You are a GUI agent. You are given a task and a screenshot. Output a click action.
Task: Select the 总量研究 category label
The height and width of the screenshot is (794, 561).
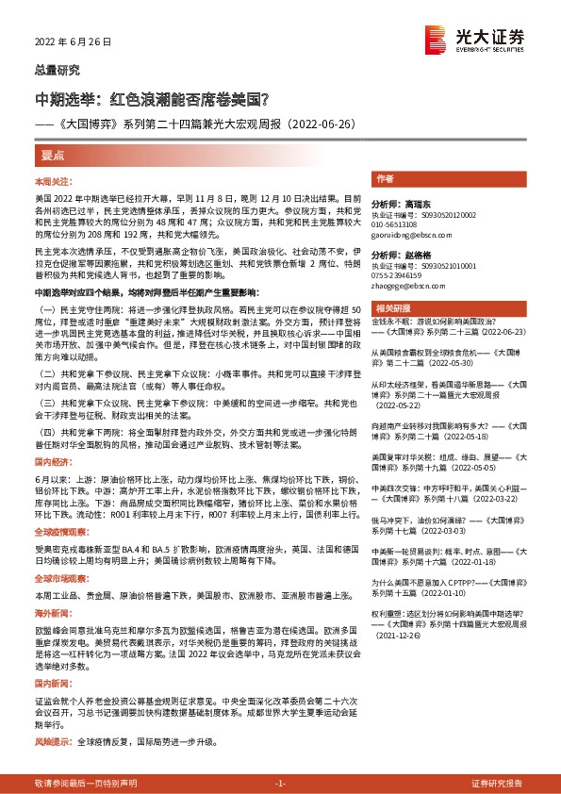tap(58, 72)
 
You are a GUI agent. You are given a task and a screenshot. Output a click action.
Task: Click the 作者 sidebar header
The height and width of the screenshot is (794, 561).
tap(385, 178)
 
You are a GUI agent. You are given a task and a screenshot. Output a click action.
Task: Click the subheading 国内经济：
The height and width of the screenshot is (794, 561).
tap(54, 437)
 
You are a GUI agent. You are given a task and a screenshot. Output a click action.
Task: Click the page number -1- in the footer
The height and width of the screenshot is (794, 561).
tap(280, 784)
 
